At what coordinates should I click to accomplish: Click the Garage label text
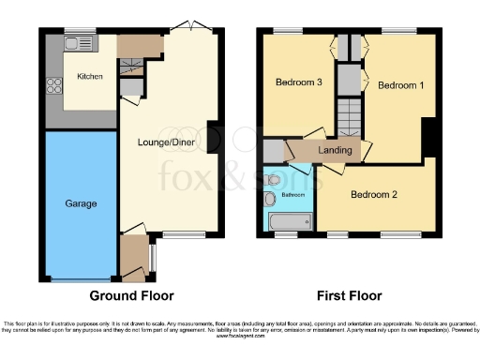point(78,202)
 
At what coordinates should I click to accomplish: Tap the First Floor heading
point(349,295)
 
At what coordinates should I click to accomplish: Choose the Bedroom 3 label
point(298,82)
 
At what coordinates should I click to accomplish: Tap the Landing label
point(336,150)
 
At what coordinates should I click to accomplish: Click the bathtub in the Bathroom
point(290,222)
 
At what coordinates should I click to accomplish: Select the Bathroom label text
point(286,195)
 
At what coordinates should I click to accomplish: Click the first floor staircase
point(350,118)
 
